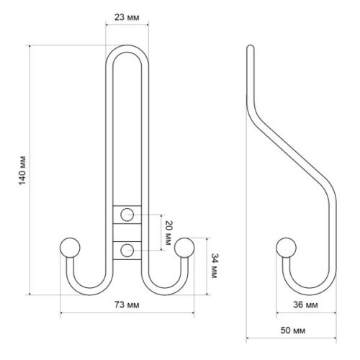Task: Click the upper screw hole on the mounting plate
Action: pos(127,214)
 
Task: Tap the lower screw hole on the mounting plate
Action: pos(127,250)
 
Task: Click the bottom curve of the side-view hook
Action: pos(306,291)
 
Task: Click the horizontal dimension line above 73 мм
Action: pos(127,313)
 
